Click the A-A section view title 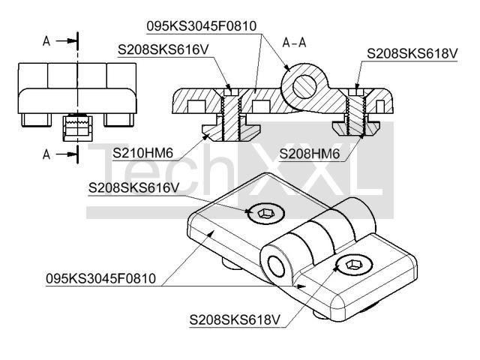[x=294, y=43]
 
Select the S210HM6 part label [x=142, y=153]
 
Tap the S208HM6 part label [x=310, y=154]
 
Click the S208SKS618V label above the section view [x=412, y=53]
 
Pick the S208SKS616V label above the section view [x=163, y=49]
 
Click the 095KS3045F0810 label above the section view [x=202, y=26]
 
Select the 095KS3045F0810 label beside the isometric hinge [x=100, y=278]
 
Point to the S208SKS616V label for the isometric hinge [x=133, y=187]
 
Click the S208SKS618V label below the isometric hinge [x=235, y=320]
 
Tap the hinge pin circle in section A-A [x=304, y=87]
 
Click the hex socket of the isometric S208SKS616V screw [x=265, y=213]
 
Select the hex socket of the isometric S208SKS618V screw [x=353, y=265]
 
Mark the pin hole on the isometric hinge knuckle [x=276, y=266]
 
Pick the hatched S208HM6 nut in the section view [x=356, y=128]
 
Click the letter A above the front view [x=46, y=41]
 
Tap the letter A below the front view [x=46, y=154]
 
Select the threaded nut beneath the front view [x=78, y=128]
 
